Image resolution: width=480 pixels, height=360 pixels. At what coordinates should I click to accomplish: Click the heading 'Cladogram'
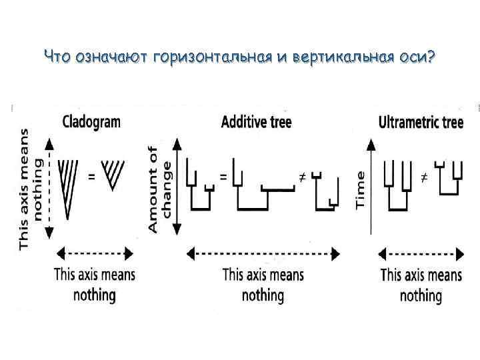[x=91, y=122]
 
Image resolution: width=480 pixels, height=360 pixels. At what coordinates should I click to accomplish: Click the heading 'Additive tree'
[x=256, y=122]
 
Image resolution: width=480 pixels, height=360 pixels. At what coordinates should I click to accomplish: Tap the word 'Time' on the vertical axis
[x=361, y=190]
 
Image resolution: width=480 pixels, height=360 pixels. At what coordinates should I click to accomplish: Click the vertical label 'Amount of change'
[x=159, y=189]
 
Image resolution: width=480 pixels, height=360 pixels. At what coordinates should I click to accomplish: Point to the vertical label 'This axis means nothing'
[x=31, y=190]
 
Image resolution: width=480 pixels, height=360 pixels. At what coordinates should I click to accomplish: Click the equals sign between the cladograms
[x=92, y=177]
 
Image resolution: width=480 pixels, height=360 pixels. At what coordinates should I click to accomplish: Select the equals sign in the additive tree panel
[x=223, y=177]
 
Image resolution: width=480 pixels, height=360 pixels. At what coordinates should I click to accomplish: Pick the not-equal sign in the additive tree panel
[x=301, y=177]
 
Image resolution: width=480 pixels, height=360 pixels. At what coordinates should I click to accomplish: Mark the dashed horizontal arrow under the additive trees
[x=263, y=253]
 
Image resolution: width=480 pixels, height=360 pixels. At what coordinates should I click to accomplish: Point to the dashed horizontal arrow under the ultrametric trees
[x=421, y=253]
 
